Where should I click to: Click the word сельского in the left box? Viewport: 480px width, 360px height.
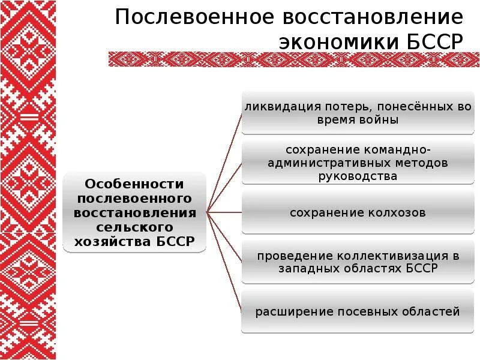pyautogui.click(x=135, y=227)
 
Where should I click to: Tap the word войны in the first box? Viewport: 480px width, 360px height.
pyautogui.click(x=380, y=120)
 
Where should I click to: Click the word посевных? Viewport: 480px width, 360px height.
pyautogui.click(x=360, y=312)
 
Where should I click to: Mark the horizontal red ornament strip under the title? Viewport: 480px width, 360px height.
pyautogui.click(x=294, y=59)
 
